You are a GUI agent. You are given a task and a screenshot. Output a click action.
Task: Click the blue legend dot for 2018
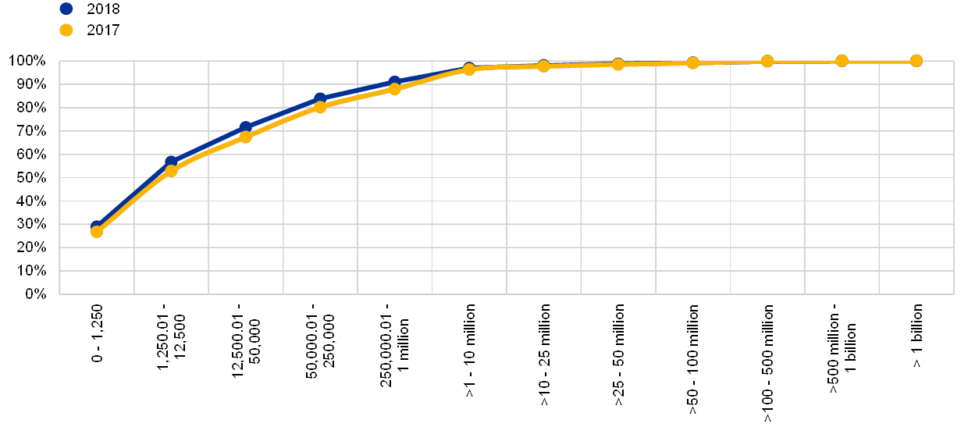pyautogui.click(x=66, y=9)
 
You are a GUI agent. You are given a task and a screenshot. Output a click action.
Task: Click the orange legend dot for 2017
pyautogui.click(x=66, y=30)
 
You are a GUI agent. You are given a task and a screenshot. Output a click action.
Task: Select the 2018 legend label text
pyautogui.click(x=102, y=9)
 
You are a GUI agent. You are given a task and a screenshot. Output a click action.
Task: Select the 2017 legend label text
pyautogui.click(x=102, y=30)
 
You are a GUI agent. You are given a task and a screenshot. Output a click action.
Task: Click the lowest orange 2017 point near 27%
pyautogui.click(x=97, y=231)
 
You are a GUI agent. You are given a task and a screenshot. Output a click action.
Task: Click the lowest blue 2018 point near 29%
pyautogui.click(x=96, y=226)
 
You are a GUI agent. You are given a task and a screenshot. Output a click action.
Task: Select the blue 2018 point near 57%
pyautogui.click(x=171, y=162)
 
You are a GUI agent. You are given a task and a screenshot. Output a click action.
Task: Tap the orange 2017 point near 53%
pyautogui.click(x=171, y=171)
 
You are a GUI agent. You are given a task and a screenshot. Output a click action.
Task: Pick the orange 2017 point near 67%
pyautogui.click(x=246, y=137)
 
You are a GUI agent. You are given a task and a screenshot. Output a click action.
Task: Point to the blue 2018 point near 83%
pyautogui.click(x=320, y=99)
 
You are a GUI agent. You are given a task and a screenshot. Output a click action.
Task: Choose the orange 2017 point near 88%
pyautogui.click(x=394, y=89)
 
